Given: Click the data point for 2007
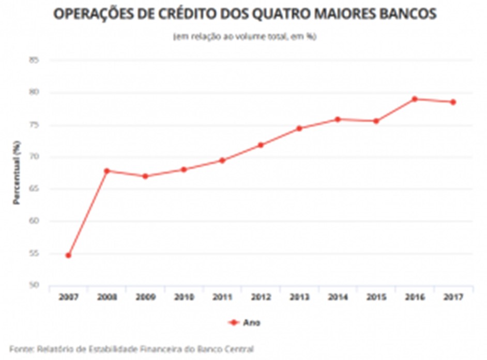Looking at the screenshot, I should [x=68, y=255].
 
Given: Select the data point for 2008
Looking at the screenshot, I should [x=106, y=170].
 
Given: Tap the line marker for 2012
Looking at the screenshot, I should [x=261, y=145].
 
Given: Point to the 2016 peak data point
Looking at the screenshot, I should [x=415, y=99].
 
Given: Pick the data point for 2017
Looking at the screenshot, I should [x=453, y=102].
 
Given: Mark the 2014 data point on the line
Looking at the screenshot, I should [x=338, y=119].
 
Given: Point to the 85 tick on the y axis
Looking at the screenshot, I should [x=34, y=60].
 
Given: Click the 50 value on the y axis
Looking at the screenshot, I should [x=34, y=285].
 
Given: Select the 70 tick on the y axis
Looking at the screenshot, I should [x=34, y=156].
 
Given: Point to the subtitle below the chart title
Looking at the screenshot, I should [x=245, y=37].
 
